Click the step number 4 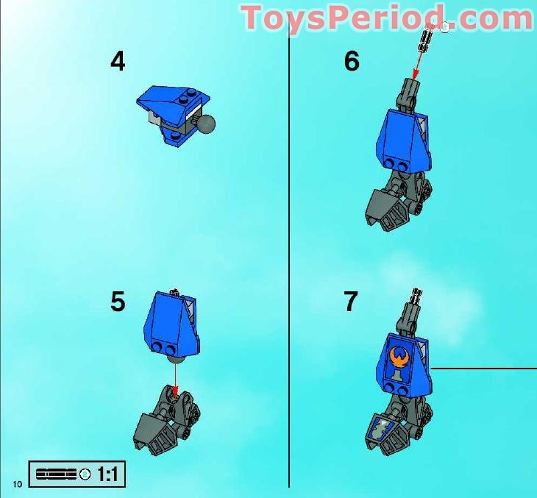point(118,62)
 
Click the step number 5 point(118,302)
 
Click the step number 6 point(352,62)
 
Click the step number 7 point(352,302)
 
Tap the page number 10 point(18,483)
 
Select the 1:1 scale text point(107,474)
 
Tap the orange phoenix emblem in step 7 point(400,355)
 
